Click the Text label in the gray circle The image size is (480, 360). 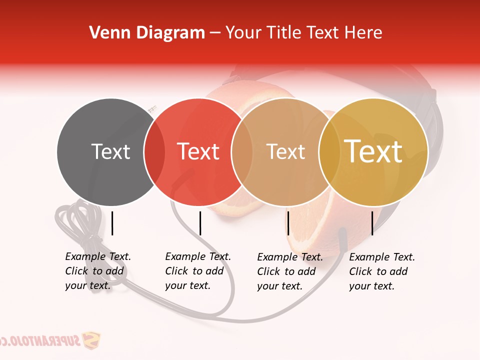pos(110,151)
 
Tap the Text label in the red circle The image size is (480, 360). pos(198,151)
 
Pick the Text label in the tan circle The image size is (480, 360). pos(285,151)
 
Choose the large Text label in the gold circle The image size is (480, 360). pos(373,151)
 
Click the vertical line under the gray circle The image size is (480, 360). pos(112,223)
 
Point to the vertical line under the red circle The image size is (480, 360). pos(200,223)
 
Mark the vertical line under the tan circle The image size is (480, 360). pos(288,223)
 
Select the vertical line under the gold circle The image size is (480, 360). pos(372,223)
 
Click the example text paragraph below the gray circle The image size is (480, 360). pos(98,271)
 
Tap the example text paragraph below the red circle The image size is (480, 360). pos(198,271)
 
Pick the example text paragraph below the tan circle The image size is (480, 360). pos(290,271)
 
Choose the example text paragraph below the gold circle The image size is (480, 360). pos(382,271)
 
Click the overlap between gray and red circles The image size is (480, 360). pos(154,152)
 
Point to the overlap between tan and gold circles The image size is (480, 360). pos(329,152)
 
